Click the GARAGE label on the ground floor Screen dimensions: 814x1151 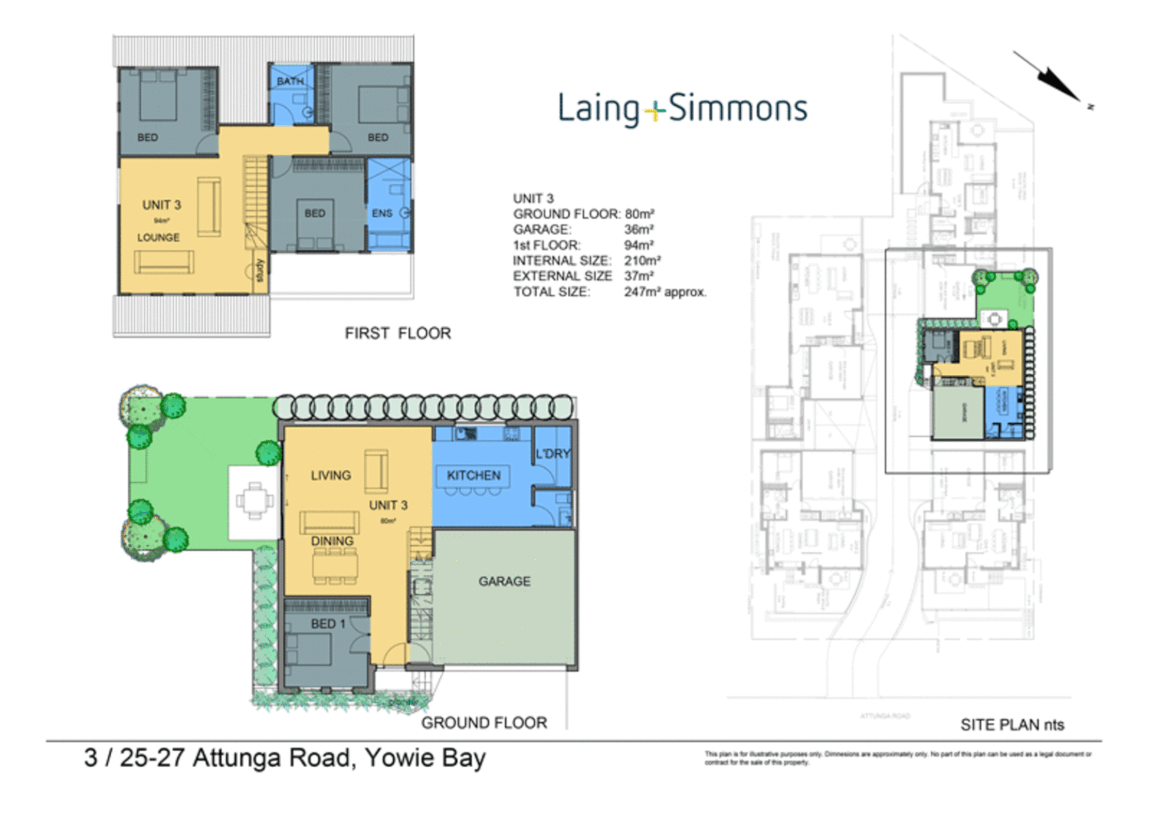coord(504,581)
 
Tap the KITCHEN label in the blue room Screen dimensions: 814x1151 coord(473,476)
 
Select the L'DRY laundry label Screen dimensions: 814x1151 coord(553,454)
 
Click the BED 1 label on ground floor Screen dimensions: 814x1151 coord(328,624)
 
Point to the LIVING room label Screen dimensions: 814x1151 coord(330,476)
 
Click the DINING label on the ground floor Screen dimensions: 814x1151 coord(332,541)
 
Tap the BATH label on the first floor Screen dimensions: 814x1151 coord(290,81)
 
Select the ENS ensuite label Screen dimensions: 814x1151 coord(382,213)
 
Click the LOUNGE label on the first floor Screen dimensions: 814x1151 coord(158,237)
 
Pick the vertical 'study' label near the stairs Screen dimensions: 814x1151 coord(259,271)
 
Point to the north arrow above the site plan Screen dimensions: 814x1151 coord(1052,78)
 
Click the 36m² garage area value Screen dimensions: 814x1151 coord(638,229)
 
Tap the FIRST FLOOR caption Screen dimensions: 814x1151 coord(397,333)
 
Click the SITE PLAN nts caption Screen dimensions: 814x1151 coord(1012,725)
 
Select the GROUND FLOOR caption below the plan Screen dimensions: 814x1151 coord(484,723)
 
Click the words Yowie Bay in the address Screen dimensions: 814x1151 coord(425,757)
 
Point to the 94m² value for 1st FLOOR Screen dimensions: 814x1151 coord(638,245)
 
